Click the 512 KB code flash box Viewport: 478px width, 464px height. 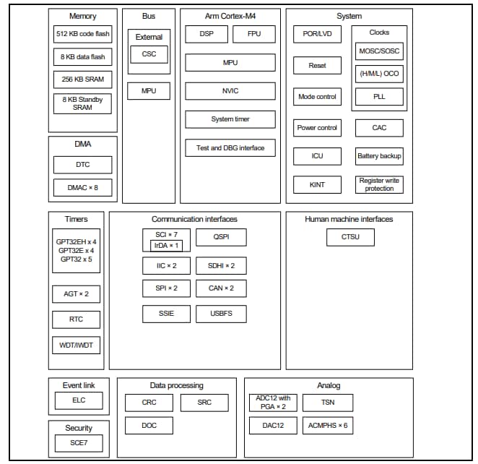pyautogui.click(x=82, y=34)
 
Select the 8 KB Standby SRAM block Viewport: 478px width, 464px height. pyautogui.click(x=82, y=103)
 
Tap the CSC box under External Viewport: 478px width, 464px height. pyautogui.click(x=149, y=53)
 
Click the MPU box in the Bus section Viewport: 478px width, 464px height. pyautogui.click(x=149, y=91)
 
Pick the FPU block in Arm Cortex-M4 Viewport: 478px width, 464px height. pyautogui.click(x=253, y=34)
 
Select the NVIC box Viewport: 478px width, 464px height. pyautogui.click(x=230, y=91)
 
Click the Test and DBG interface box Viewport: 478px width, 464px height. pyautogui.click(x=230, y=148)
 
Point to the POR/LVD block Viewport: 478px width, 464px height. pyautogui.click(x=317, y=34)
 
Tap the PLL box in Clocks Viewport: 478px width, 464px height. pyautogui.click(x=379, y=96)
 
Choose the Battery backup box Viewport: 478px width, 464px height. pyautogui.click(x=379, y=156)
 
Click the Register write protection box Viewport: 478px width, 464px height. pyautogui.click(x=379, y=184)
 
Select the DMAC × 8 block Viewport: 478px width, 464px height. pyautogui.click(x=82, y=188)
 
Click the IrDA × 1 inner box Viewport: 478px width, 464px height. pyautogui.click(x=165, y=246)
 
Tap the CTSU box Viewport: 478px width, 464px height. pyautogui.click(x=350, y=237)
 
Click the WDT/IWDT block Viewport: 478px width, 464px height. pyautogui.click(x=76, y=345)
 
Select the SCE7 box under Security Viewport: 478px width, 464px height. pyautogui.click(x=79, y=442)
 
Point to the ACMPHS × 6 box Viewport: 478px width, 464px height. pyautogui.click(x=329, y=425)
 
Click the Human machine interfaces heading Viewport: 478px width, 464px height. pyautogui.click(x=349, y=219)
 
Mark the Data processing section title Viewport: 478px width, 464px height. pyautogui.click(x=176, y=385)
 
